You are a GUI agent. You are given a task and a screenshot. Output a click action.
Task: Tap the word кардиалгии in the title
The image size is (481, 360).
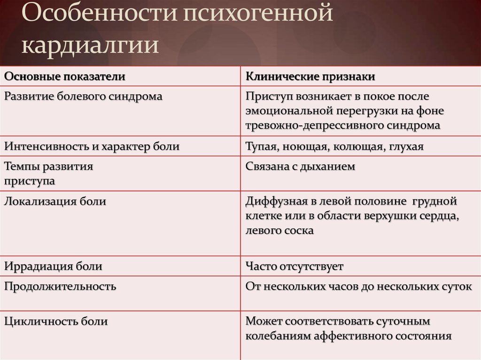tap(90, 46)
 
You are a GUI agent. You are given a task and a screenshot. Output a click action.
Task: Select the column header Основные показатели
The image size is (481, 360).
tap(65, 76)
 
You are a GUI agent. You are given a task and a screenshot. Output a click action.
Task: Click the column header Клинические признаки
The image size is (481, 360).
tap(310, 76)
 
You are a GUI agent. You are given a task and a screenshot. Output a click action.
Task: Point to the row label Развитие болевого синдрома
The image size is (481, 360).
tap(84, 96)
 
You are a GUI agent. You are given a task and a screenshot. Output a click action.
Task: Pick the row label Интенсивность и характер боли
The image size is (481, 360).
tap(92, 146)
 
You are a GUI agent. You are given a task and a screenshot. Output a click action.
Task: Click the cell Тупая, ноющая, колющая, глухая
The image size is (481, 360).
tap(334, 146)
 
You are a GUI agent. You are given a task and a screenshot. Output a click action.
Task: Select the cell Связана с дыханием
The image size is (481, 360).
tap(300, 166)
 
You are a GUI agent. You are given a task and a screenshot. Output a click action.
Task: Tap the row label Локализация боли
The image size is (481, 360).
tap(55, 202)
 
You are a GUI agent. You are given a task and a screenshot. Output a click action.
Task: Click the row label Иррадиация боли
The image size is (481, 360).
tap(54, 267)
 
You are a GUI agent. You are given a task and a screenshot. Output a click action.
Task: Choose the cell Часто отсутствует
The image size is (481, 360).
tap(295, 267)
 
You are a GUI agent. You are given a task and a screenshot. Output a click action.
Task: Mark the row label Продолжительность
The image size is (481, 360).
tap(60, 286)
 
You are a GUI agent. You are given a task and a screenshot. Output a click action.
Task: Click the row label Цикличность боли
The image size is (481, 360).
tap(56, 322)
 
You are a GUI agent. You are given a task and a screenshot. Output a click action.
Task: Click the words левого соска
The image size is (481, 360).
tap(279, 231)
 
